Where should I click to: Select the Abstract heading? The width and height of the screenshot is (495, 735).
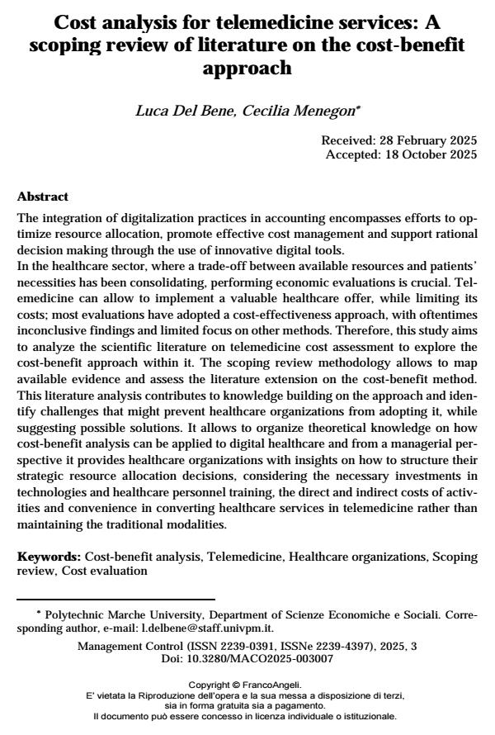point(43,197)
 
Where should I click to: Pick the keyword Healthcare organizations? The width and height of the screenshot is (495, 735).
point(359,557)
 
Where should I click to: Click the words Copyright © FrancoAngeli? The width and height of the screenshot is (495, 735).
point(247,685)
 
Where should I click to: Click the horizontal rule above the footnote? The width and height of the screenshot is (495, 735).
point(115,598)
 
